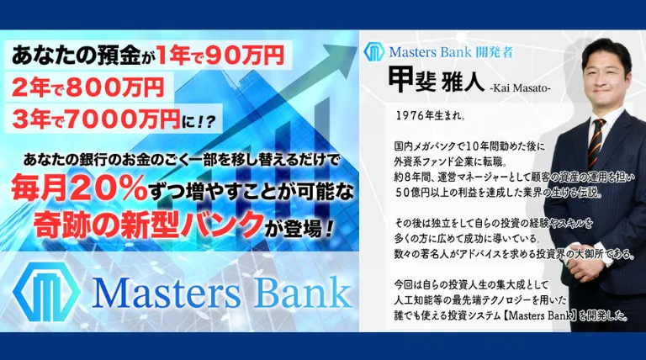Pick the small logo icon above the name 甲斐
tap(373, 51)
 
